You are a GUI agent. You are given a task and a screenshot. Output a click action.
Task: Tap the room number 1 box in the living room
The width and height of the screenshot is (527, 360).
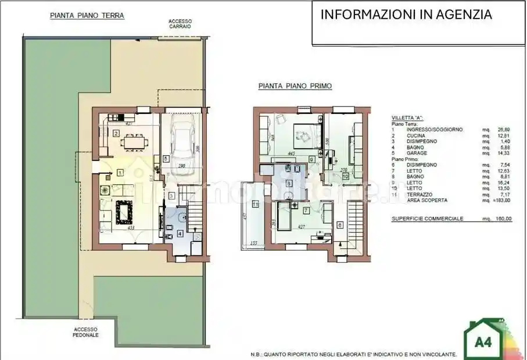coord(120,172)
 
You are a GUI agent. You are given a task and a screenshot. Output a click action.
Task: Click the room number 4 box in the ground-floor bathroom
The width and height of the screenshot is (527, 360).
coord(180,234)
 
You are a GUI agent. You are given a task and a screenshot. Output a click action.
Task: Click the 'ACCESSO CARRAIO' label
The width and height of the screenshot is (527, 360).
coord(181,24)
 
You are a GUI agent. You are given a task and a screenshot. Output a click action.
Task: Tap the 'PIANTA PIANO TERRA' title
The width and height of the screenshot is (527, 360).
coord(87,16)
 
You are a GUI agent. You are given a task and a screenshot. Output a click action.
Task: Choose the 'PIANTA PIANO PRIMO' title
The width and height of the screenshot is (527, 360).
coord(295,86)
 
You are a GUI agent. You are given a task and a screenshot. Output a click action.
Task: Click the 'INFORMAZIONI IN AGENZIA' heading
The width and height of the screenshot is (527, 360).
coord(406,15)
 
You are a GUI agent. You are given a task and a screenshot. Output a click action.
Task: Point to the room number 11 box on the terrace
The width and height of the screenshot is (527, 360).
coord(255,204)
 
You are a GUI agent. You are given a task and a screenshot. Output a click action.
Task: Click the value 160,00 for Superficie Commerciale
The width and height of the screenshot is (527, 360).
coord(503,219)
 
